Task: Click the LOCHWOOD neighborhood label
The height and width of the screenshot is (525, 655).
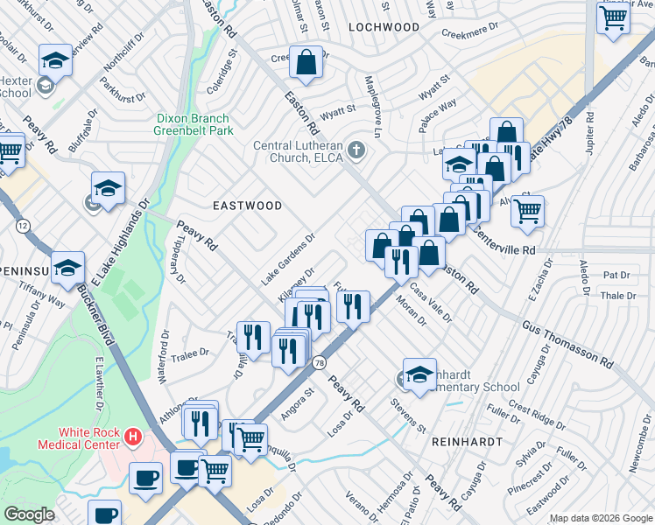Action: click(x=384, y=27)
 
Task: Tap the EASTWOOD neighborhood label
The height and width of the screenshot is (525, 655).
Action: click(x=248, y=206)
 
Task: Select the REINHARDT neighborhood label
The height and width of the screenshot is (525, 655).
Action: click(x=468, y=442)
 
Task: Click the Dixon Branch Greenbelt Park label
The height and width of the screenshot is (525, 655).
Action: click(x=192, y=125)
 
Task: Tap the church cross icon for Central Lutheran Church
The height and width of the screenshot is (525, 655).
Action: click(x=356, y=150)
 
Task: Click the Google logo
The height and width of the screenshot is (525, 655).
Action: click(x=29, y=515)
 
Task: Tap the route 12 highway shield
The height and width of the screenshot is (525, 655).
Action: click(x=21, y=226)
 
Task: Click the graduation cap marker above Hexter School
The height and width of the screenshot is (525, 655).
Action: click(x=56, y=59)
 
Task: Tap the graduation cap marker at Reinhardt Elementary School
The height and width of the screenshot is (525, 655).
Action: click(x=419, y=373)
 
